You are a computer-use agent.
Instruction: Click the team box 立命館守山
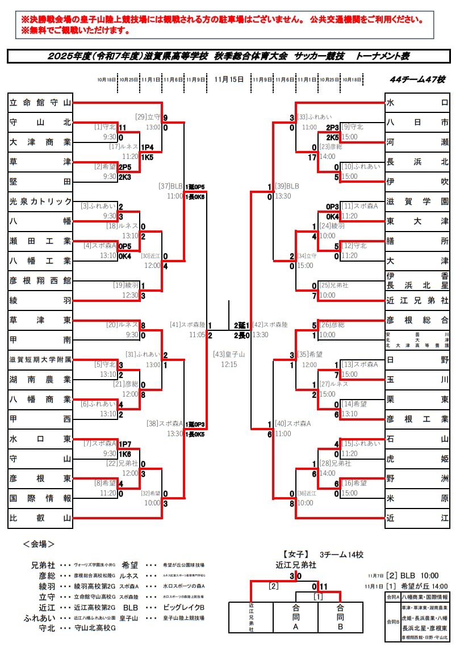(x=40, y=103)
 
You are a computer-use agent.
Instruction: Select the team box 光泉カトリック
(x=40, y=201)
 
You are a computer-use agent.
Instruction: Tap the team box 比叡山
(x=40, y=518)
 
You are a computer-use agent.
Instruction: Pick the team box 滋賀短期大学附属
(x=40, y=359)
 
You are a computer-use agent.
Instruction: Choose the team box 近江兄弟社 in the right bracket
(x=417, y=300)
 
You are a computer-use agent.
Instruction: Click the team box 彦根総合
(x=417, y=320)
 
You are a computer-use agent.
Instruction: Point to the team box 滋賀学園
(x=417, y=201)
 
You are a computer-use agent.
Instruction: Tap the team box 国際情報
(x=40, y=498)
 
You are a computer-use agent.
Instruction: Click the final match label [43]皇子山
(x=228, y=354)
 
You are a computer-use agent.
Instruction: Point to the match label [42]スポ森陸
(x=270, y=325)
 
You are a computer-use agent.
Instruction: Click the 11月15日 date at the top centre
(x=229, y=79)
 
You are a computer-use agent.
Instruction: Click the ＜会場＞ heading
(x=39, y=544)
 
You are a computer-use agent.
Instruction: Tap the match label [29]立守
(x=148, y=117)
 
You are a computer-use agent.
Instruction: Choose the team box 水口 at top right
(x=417, y=103)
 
